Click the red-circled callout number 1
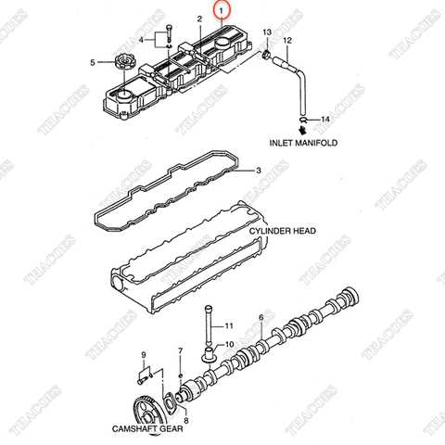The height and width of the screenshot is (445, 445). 220,12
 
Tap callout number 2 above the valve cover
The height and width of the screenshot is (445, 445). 199,19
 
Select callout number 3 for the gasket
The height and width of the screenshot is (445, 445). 259,170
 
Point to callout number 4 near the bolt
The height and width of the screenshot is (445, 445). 142,41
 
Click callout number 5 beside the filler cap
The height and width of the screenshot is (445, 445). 92,62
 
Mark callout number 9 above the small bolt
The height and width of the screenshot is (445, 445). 144,356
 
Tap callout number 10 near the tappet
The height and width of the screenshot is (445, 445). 228,343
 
